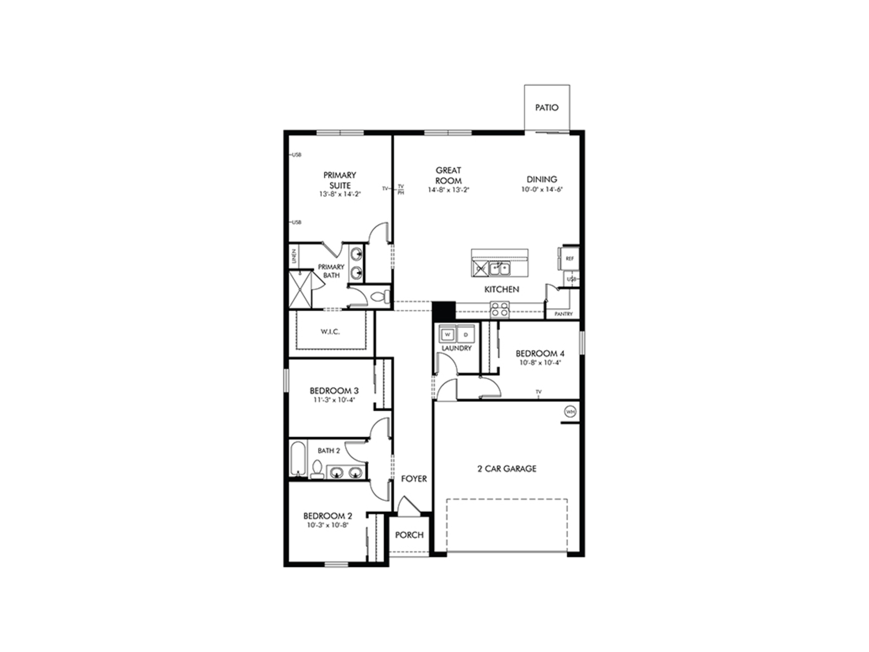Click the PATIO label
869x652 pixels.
[546, 108]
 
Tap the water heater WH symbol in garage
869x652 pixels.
[570, 412]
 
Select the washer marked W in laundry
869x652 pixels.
[448, 335]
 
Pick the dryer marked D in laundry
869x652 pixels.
[465, 335]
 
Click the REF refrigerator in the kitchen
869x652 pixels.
[569, 259]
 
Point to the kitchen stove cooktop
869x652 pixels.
[500, 310]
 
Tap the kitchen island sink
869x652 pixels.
[500, 268]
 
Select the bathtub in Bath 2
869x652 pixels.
[297, 459]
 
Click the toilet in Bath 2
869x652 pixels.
[317, 469]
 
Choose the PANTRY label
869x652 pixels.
[564, 314]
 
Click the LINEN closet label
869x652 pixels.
[294, 256]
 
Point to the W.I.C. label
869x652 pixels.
[330, 331]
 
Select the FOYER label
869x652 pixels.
[414, 479]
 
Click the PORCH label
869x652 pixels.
[409, 535]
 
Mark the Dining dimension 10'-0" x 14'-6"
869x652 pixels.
[541, 190]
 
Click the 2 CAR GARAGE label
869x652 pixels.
[507, 468]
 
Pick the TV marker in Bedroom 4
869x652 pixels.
[539, 392]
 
